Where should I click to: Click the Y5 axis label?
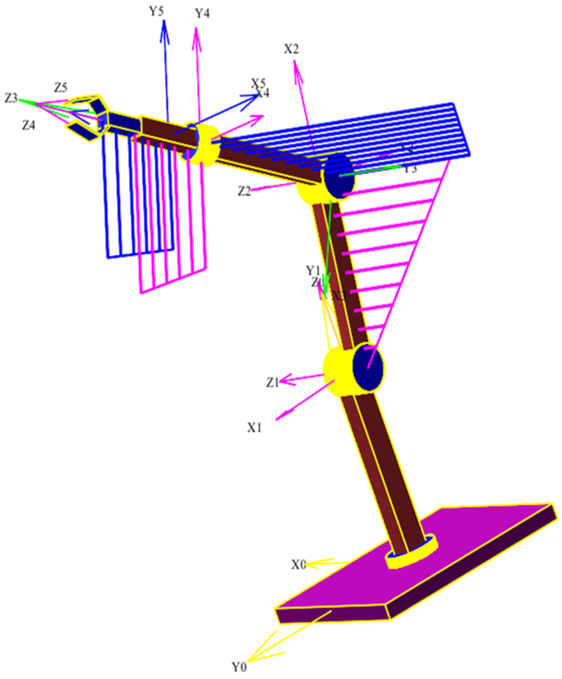pos(157,11)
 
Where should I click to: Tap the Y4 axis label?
pos(202,13)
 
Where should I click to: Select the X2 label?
pos(291,49)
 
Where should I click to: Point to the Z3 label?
pos(11,98)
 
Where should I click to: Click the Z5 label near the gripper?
pos(60,88)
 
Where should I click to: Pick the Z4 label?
pos(28,125)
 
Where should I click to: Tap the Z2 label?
pos(244,192)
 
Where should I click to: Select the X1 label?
pos(254,428)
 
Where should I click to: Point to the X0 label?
pos(299,564)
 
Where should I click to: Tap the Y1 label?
pos(313,271)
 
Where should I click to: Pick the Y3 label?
pos(410,168)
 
